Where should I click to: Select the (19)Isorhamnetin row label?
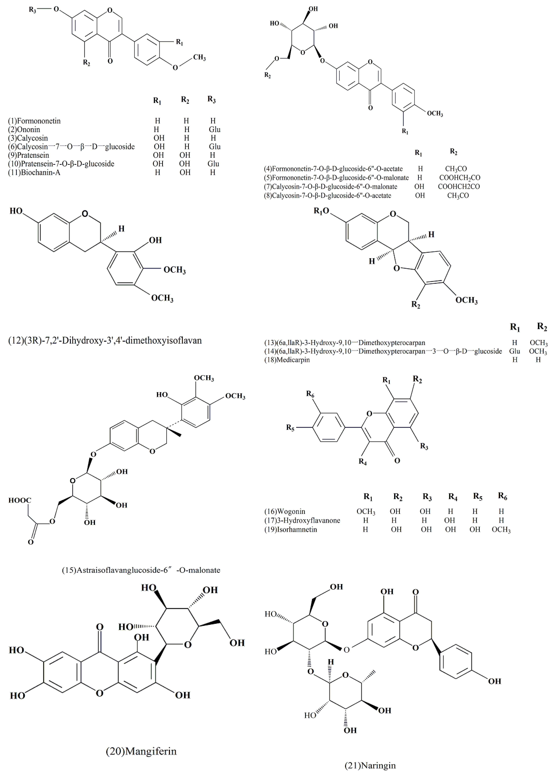tap(290, 529)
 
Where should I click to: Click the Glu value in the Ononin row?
tap(214, 130)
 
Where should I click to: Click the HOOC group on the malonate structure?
tap(20, 500)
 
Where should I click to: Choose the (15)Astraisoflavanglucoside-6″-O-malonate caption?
tap(141, 570)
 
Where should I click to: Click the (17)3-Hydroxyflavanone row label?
tap(302, 521)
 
